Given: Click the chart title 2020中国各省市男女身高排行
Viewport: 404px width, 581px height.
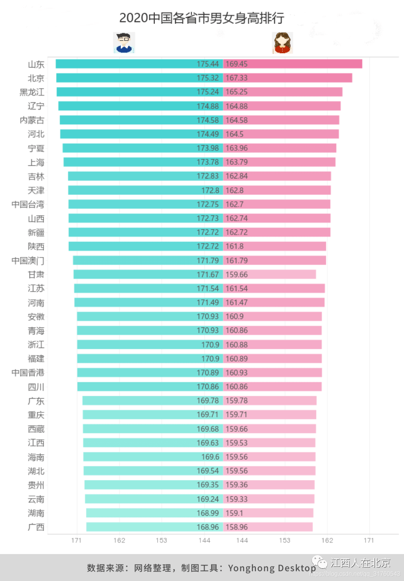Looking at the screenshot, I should click(x=202, y=18).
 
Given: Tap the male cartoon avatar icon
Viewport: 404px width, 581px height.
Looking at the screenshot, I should click(x=124, y=43).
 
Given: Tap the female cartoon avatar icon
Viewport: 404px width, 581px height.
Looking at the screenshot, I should click(x=282, y=43).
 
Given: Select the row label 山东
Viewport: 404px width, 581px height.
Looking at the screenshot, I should click(x=36, y=64).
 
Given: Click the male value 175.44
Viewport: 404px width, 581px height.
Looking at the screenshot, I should click(x=208, y=64).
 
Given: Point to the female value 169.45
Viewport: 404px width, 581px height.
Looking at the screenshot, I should click(x=236, y=64).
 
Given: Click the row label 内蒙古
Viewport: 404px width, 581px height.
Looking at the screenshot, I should click(x=32, y=120).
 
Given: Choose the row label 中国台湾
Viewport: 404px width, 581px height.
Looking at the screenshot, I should click(x=28, y=204).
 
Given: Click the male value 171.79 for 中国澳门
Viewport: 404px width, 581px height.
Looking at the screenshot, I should click(x=208, y=261).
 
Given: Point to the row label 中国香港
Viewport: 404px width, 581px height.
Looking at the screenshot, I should click(x=28, y=373).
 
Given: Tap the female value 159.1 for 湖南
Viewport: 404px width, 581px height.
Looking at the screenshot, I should click(x=234, y=513).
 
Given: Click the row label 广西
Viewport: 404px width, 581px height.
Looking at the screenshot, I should click(x=36, y=527).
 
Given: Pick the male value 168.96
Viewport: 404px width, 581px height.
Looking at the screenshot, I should click(x=208, y=527).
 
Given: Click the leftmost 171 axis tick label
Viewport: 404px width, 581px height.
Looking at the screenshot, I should click(x=76, y=540).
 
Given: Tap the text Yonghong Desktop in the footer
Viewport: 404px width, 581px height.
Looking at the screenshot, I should click(x=272, y=568).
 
